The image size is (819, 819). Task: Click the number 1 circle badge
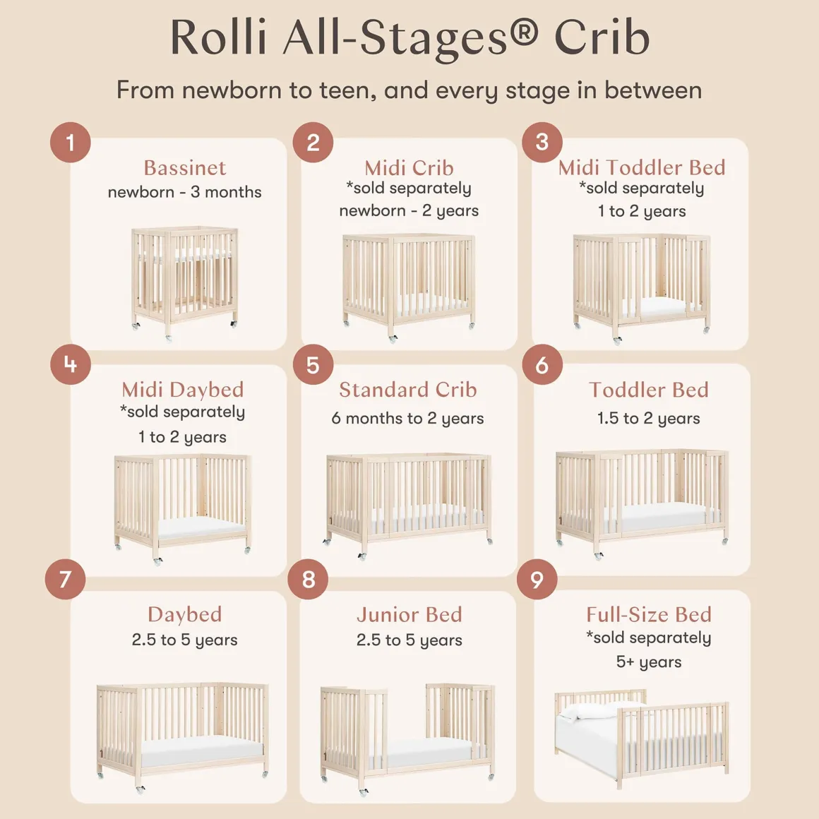pyautogui.click(x=71, y=142)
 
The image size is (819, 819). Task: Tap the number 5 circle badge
pyautogui.click(x=313, y=364)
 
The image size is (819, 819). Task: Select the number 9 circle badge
pyautogui.click(x=537, y=579)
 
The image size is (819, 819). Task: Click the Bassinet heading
pyautogui.click(x=185, y=168)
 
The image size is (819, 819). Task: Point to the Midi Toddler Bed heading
pyautogui.click(x=642, y=167)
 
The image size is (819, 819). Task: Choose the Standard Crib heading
pyautogui.click(x=408, y=390)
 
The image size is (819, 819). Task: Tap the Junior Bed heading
pyautogui.click(x=409, y=615)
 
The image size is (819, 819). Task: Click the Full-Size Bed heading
pyautogui.click(x=649, y=615)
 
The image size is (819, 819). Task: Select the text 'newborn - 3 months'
pyautogui.click(x=184, y=192)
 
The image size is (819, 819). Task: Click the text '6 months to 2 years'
pyautogui.click(x=407, y=419)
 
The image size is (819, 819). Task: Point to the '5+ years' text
pyautogui.click(x=649, y=662)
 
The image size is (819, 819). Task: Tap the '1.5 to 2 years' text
pyautogui.click(x=648, y=419)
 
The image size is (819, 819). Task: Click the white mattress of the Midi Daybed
pyautogui.click(x=202, y=528)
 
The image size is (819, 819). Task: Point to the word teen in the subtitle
pyautogui.click(x=347, y=90)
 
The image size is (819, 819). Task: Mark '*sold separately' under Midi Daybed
pyautogui.click(x=182, y=412)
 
